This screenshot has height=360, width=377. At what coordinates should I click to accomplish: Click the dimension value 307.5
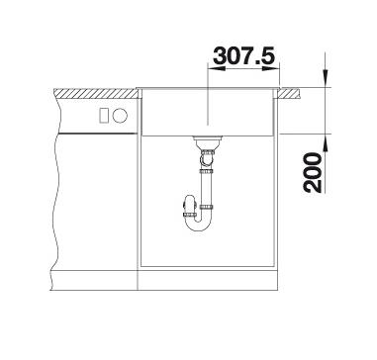point(243,55)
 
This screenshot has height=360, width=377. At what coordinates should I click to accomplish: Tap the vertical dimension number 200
point(313,172)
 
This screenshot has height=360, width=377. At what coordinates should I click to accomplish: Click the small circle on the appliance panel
point(120,116)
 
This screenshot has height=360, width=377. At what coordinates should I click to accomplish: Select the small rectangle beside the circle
point(104,116)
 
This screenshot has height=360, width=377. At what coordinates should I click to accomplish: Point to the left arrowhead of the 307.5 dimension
point(216,68)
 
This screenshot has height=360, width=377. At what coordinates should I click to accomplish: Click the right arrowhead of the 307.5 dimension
point(271,68)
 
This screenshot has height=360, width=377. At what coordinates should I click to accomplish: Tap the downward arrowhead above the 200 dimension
point(326,78)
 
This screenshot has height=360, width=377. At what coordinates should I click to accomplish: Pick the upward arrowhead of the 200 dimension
point(326,142)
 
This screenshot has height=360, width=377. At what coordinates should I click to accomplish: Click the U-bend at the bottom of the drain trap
point(198,225)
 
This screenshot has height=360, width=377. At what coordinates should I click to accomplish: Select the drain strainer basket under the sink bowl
point(208,142)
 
